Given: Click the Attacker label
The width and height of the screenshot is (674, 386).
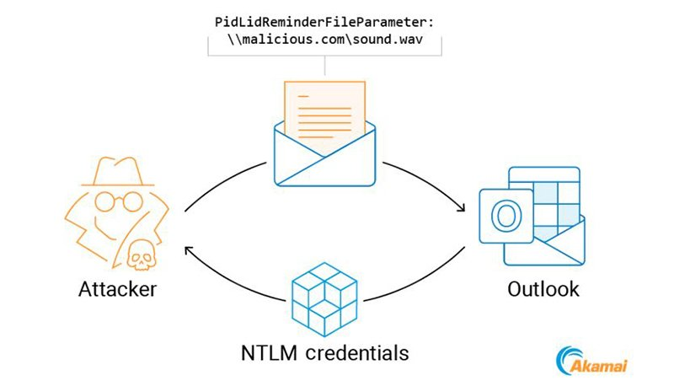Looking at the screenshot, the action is pos(117,289).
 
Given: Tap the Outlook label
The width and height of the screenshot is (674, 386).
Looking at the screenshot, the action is pos(543,289).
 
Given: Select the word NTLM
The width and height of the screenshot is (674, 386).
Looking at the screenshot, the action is pos(269,353).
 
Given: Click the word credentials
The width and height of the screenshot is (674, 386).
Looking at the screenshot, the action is pos(357,353).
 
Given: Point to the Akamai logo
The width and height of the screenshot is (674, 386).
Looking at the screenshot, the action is pos(591,361).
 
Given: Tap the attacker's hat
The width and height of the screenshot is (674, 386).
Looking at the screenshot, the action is pos(118,171).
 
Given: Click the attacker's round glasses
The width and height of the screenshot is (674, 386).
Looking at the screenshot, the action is pos(118,201).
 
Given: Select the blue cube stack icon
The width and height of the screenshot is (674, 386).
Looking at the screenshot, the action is pos(324,299).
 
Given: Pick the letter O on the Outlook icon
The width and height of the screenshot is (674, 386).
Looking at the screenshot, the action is pos(506,217).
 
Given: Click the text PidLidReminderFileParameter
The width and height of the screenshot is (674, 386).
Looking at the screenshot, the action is pos(324,22).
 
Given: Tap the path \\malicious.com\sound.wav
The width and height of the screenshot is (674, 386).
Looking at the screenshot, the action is pos(325,40).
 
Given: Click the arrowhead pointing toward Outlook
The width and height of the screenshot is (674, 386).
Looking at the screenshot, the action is pos(461,206).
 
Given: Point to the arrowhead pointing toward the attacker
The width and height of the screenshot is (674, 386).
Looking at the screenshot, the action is pos(189,250).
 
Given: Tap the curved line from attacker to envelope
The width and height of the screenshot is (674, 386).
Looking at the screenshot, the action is pos(222,181).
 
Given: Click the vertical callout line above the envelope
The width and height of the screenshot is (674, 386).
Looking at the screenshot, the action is pos(324,66).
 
